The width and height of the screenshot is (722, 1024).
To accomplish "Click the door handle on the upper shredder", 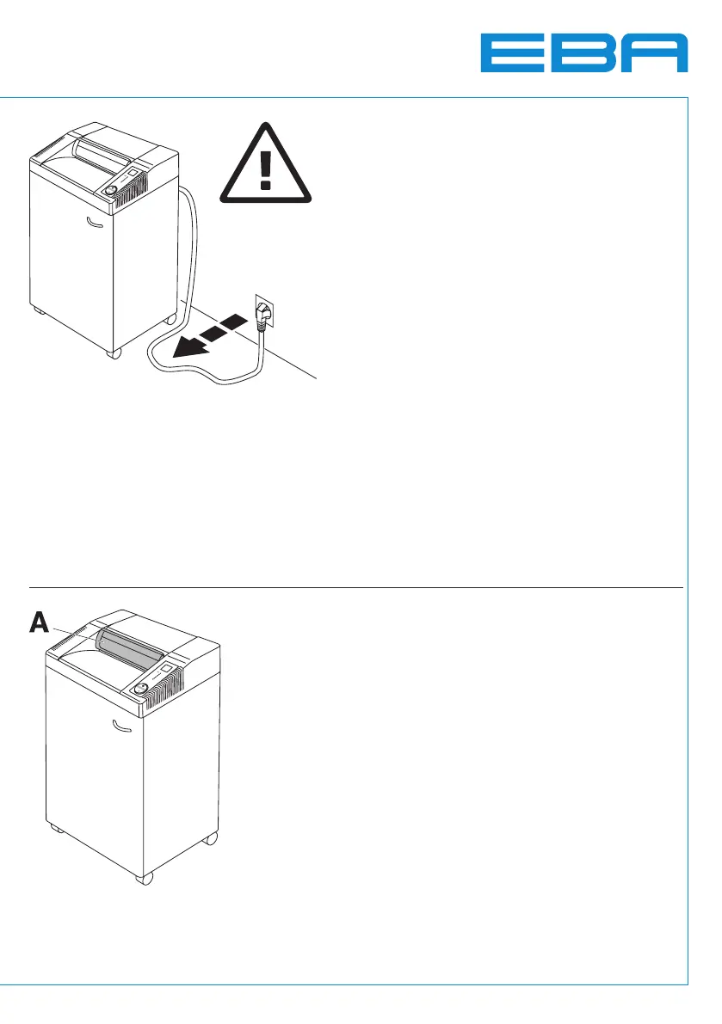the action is click(x=94, y=227).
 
